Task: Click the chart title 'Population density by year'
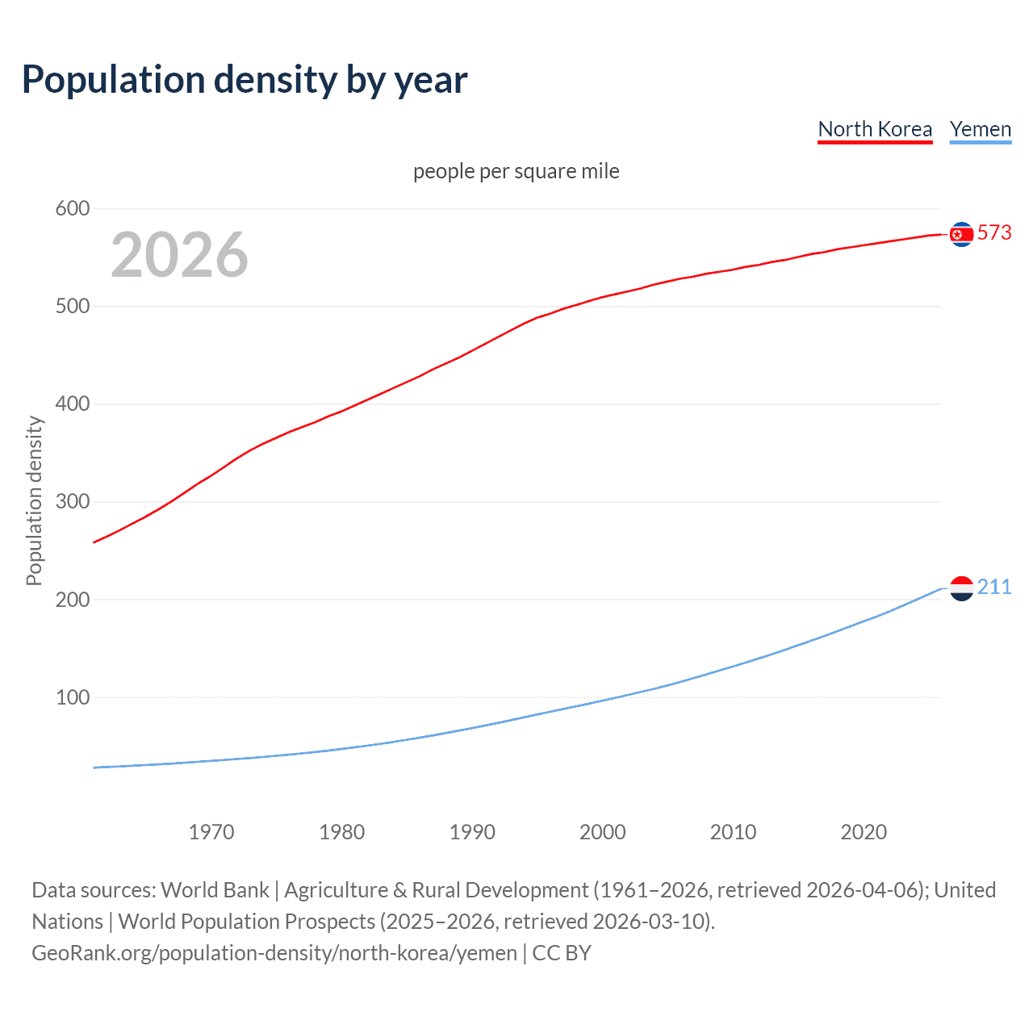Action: coord(245,80)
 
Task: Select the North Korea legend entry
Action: coord(875,129)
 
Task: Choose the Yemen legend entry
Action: coord(980,129)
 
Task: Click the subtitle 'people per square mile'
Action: coord(516,171)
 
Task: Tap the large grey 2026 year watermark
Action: coord(179,255)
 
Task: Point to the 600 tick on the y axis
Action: coord(72,209)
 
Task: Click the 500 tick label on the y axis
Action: coord(72,307)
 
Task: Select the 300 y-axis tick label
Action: coord(72,502)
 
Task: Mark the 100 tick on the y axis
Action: coord(72,697)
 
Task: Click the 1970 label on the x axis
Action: coord(211,832)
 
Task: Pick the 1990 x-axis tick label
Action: coord(472,832)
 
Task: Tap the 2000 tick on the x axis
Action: coord(602,832)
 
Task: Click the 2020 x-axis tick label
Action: coord(864,832)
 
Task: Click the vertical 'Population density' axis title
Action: coord(34,500)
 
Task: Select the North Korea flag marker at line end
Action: coord(961,234)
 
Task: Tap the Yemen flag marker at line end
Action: coord(961,588)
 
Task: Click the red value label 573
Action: coord(994,233)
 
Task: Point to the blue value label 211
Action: coord(994,588)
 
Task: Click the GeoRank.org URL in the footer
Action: coord(274,953)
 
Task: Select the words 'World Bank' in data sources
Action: coord(215,890)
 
